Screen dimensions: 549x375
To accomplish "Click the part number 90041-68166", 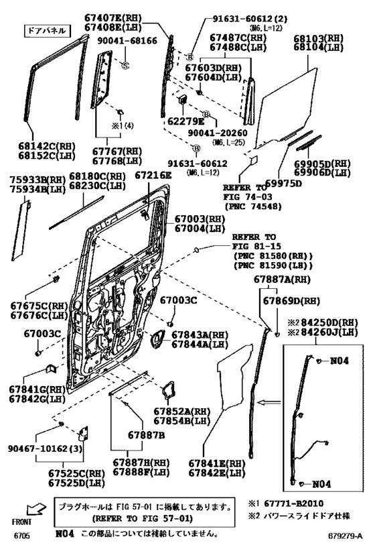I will click(x=129, y=41).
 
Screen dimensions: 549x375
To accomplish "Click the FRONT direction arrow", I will click(x=25, y=512).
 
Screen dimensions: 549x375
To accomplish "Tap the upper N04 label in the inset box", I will click(x=340, y=361).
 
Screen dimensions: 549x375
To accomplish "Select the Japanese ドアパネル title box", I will click(x=44, y=30).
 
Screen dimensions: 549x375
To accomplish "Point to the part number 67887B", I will click(x=147, y=434).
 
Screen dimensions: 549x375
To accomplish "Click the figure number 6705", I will click(x=23, y=536).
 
